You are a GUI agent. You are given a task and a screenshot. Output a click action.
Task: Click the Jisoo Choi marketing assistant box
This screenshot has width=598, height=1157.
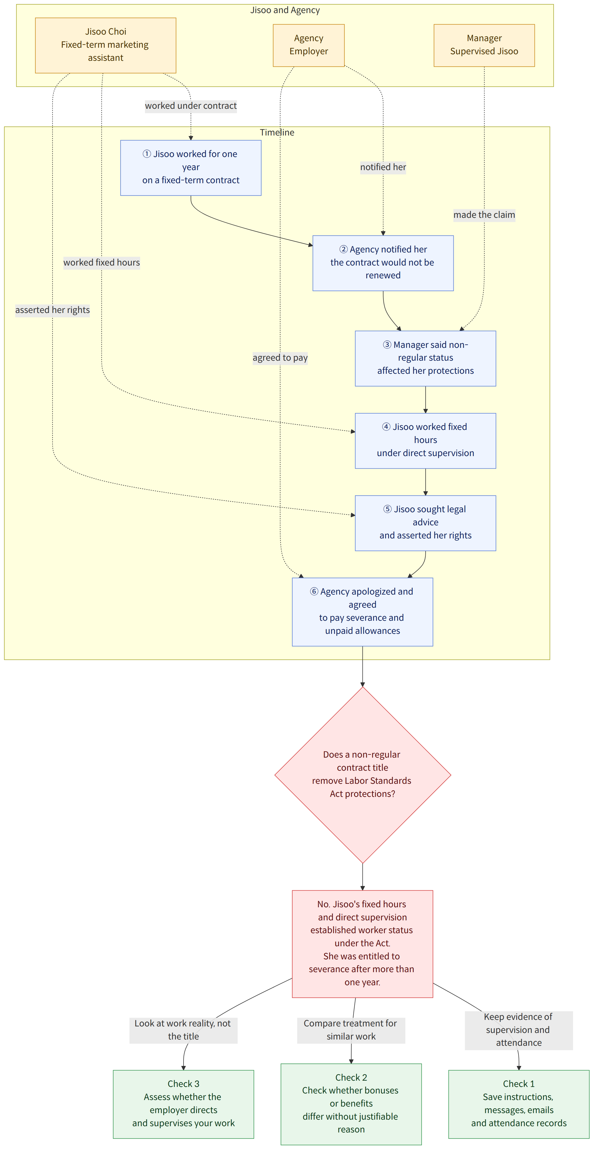tap(105, 45)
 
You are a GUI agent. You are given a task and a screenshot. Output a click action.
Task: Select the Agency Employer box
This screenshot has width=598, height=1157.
tap(309, 45)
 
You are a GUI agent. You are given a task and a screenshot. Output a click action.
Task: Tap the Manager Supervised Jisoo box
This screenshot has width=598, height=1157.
tap(484, 45)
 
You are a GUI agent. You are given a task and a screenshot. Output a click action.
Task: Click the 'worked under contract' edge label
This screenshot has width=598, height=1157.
tap(191, 106)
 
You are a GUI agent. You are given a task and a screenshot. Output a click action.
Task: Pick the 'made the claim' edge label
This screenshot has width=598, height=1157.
tap(484, 215)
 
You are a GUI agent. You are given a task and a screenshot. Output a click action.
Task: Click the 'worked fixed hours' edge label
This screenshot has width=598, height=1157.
tap(101, 262)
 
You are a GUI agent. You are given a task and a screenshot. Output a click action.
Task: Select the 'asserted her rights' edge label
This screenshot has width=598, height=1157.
tap(53, 310)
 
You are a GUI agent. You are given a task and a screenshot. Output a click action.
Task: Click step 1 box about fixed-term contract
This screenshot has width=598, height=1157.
tap(191, 168)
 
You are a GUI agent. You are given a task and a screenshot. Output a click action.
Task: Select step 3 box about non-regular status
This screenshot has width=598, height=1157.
tap(425, 358)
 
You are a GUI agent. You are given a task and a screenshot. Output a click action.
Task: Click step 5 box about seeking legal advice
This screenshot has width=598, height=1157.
tap(425, 523)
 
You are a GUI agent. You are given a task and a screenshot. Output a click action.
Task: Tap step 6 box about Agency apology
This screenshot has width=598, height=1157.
tap(362, 612)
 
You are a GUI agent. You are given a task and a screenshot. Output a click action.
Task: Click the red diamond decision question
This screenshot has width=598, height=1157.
tap(362, 775)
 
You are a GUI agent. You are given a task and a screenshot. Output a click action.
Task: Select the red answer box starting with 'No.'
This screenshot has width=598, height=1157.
tap(362, 944)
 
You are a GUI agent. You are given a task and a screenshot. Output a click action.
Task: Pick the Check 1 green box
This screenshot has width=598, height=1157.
tap(518, 1104)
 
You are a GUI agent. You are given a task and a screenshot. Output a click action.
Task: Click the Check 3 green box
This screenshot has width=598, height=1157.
tap(184, 1104)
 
